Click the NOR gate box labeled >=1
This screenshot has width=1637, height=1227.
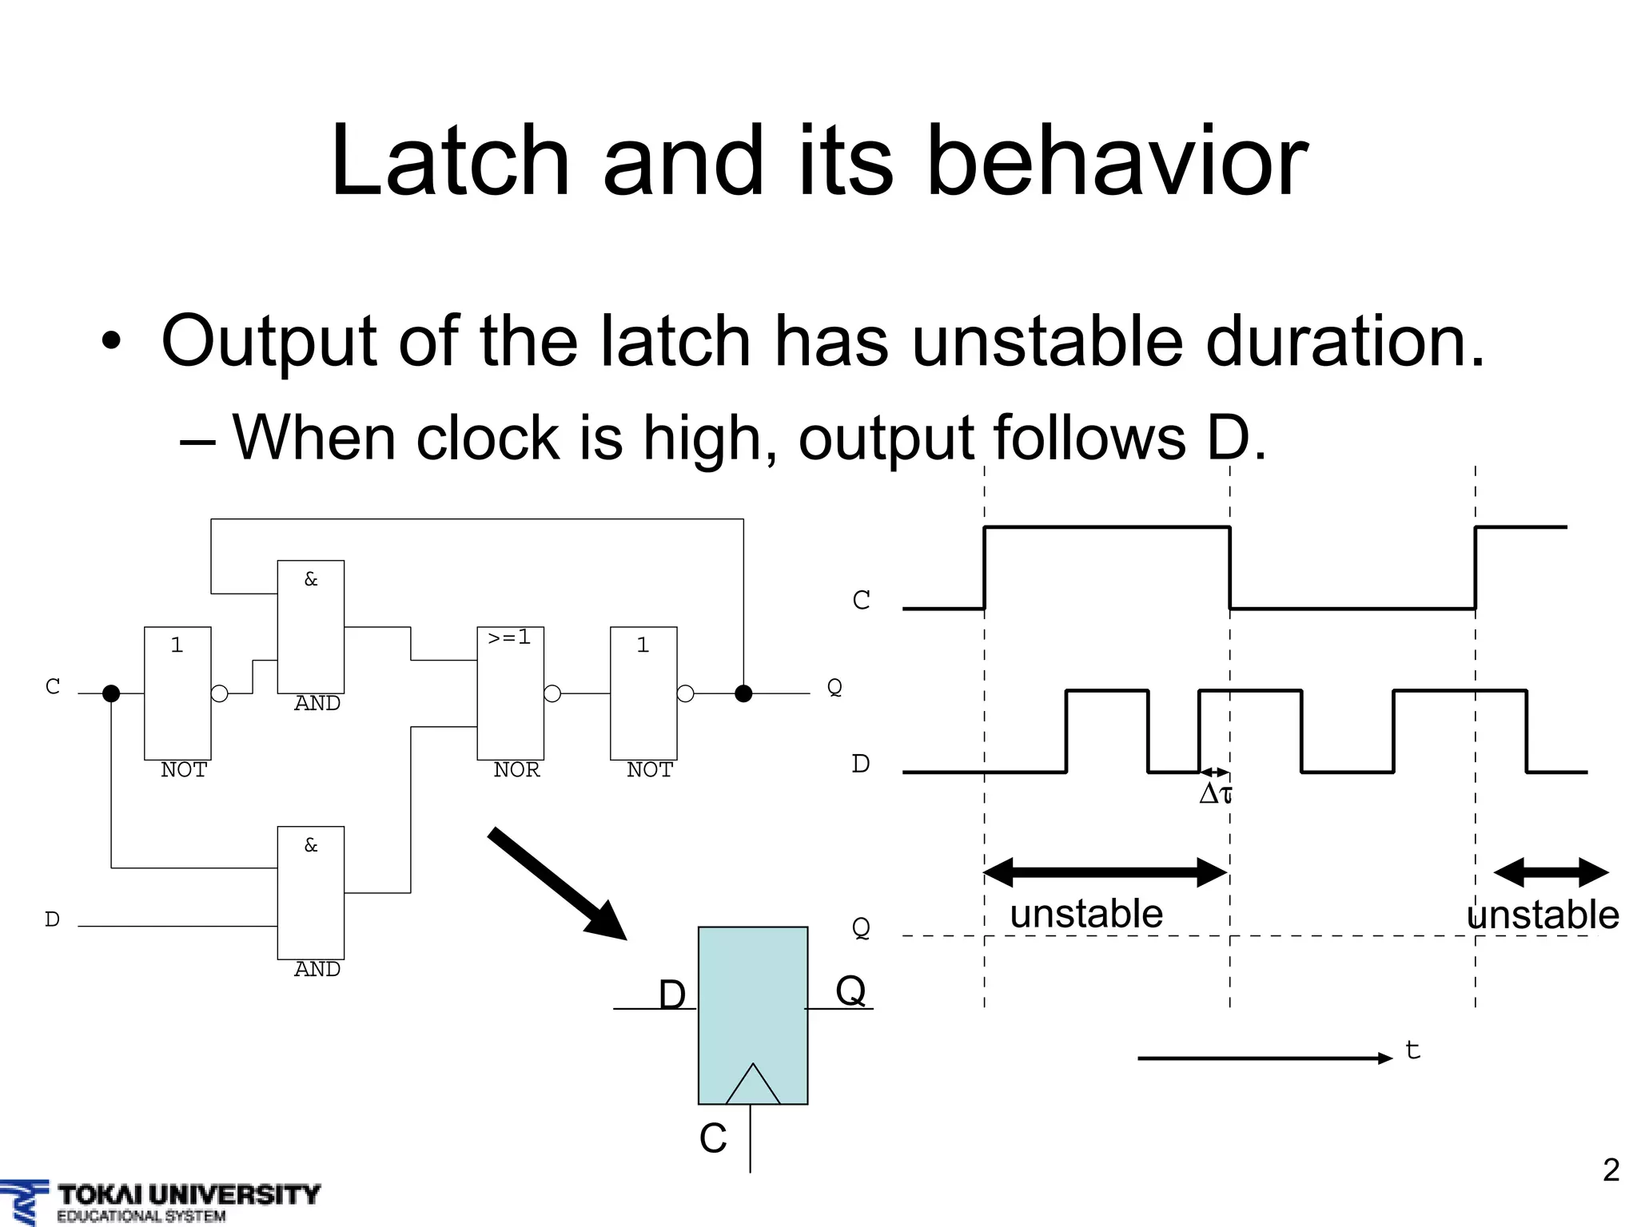(510, 693)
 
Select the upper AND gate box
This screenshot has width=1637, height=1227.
(311, 627)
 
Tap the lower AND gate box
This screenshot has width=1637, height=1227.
(311, 892)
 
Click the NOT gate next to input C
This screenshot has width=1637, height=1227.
(177, 693)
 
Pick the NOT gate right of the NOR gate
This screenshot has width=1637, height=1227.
(643, 693)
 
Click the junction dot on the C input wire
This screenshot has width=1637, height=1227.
(111, 693)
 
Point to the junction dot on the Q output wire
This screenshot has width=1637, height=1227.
(743, 693)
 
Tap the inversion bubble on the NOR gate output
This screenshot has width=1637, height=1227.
(552, 693)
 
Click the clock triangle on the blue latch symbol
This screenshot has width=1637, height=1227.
(752, 1085)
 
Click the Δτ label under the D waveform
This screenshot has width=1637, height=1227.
(1215, 794)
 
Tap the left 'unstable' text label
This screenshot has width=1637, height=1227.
(1086, 914)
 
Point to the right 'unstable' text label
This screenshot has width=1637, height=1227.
(1543, 915)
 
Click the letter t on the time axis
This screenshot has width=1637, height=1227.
(1412, 1050)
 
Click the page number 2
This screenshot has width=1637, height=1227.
(1611, 1170)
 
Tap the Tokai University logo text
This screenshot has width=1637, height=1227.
(189, 1195)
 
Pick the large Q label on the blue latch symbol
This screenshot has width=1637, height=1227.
(850, 991)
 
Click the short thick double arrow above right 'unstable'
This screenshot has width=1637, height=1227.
(1551, 872)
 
